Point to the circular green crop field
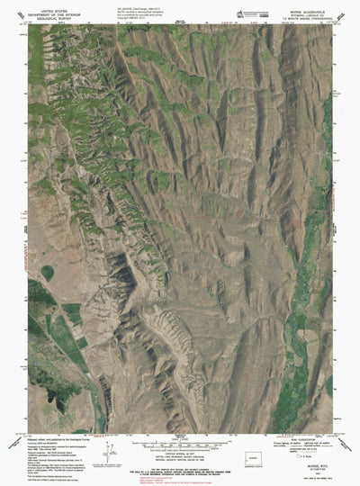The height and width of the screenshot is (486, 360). point(47,271)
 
